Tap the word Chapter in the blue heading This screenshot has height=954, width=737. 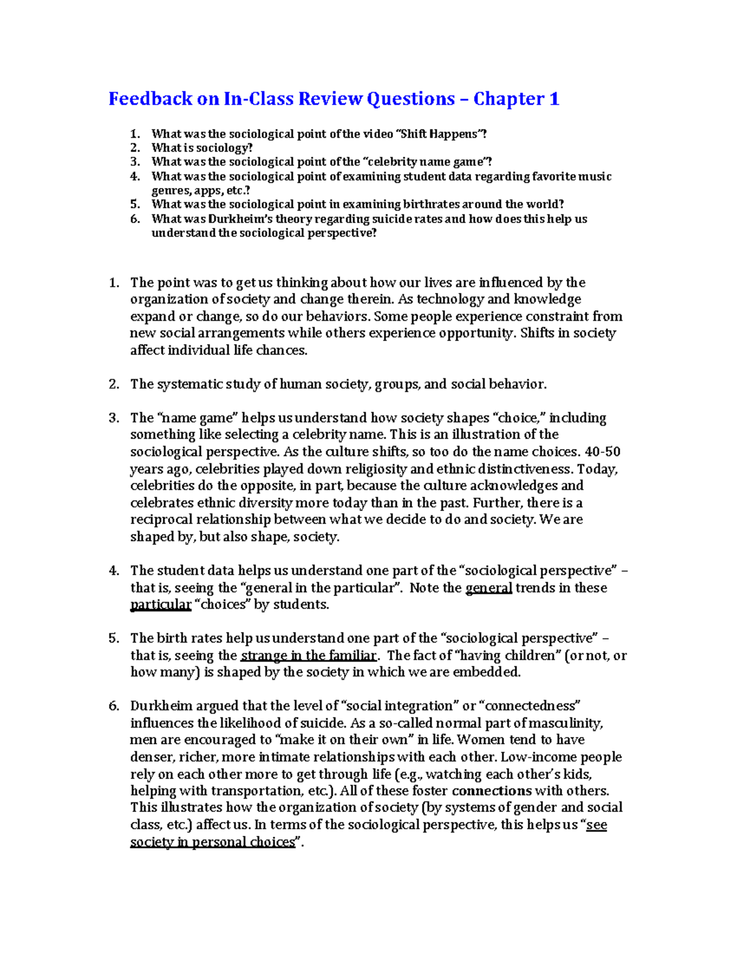pos(509,99)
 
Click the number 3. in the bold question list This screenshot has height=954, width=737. pos(135,162)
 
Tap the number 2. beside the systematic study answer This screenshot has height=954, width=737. pos(114,385)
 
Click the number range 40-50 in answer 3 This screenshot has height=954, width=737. pos(602,452)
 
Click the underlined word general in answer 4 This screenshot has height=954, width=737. pos(489,588)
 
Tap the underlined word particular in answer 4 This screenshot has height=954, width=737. pos(161,605)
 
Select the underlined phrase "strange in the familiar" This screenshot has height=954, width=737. pos(308,655)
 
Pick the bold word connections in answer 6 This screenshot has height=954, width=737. pos(491,791)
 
